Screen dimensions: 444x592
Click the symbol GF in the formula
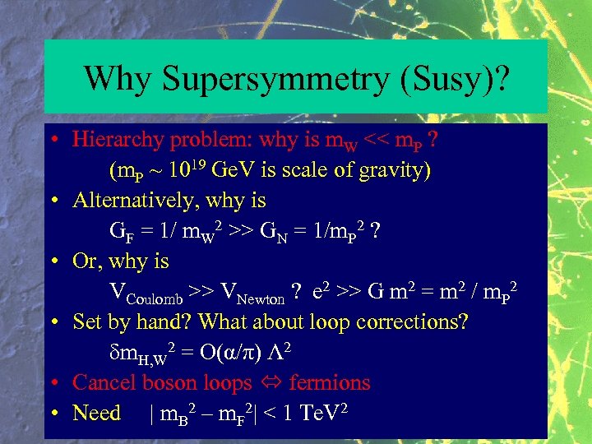click(121, 231)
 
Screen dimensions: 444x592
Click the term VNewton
click(247, 292)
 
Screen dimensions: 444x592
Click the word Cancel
click(104, 382)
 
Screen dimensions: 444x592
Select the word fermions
click(330, 382)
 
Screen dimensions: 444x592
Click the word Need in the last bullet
click(96, 413)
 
